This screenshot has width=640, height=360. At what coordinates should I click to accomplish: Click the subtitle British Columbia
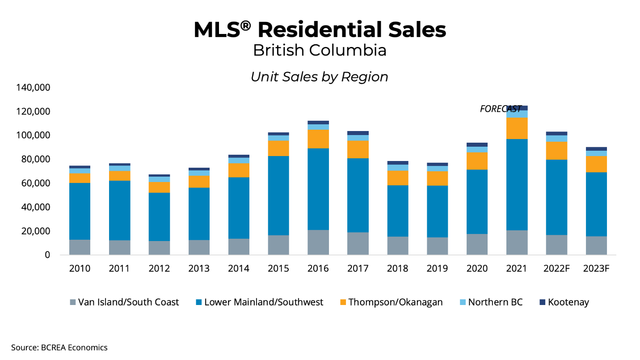(320, 50)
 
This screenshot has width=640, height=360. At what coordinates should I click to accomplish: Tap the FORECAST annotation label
(501, 109)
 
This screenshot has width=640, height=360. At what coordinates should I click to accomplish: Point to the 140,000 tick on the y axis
(33, 87)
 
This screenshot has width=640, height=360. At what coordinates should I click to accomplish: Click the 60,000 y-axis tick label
(35, 183)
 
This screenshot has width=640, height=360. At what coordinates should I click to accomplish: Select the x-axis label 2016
(318, 268)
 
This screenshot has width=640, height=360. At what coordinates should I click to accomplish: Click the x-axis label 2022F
(556, 268)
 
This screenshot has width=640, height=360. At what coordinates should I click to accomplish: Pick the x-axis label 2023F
(596, 268)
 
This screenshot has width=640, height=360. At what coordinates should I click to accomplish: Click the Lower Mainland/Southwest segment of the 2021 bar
(517, 184)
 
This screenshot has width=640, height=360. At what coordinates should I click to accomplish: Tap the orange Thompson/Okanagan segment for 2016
(318, 139)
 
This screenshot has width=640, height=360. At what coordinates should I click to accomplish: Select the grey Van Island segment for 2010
(80, 247)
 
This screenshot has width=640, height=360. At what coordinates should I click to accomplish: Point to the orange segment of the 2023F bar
(596, 164)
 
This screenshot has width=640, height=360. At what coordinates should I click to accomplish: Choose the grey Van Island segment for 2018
(398, 246)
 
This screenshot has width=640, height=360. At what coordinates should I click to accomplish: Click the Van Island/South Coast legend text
(128, 302)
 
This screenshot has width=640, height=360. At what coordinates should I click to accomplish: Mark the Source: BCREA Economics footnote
(59, 347)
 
